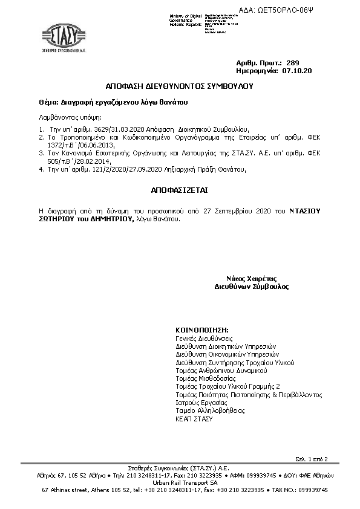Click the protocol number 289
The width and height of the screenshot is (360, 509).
click(x=292, y=63)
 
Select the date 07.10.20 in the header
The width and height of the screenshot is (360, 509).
click(x=297, y=71)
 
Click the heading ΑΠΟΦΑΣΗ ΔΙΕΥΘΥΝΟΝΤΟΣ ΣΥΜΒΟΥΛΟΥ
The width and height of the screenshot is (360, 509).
click(x=180, y=86)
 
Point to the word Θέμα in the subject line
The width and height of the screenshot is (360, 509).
click(x=47, y=102)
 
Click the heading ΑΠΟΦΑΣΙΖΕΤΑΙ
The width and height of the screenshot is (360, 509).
click(x=179, y=189)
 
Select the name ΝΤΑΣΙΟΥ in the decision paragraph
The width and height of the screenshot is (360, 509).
click(x=305, y=210)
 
